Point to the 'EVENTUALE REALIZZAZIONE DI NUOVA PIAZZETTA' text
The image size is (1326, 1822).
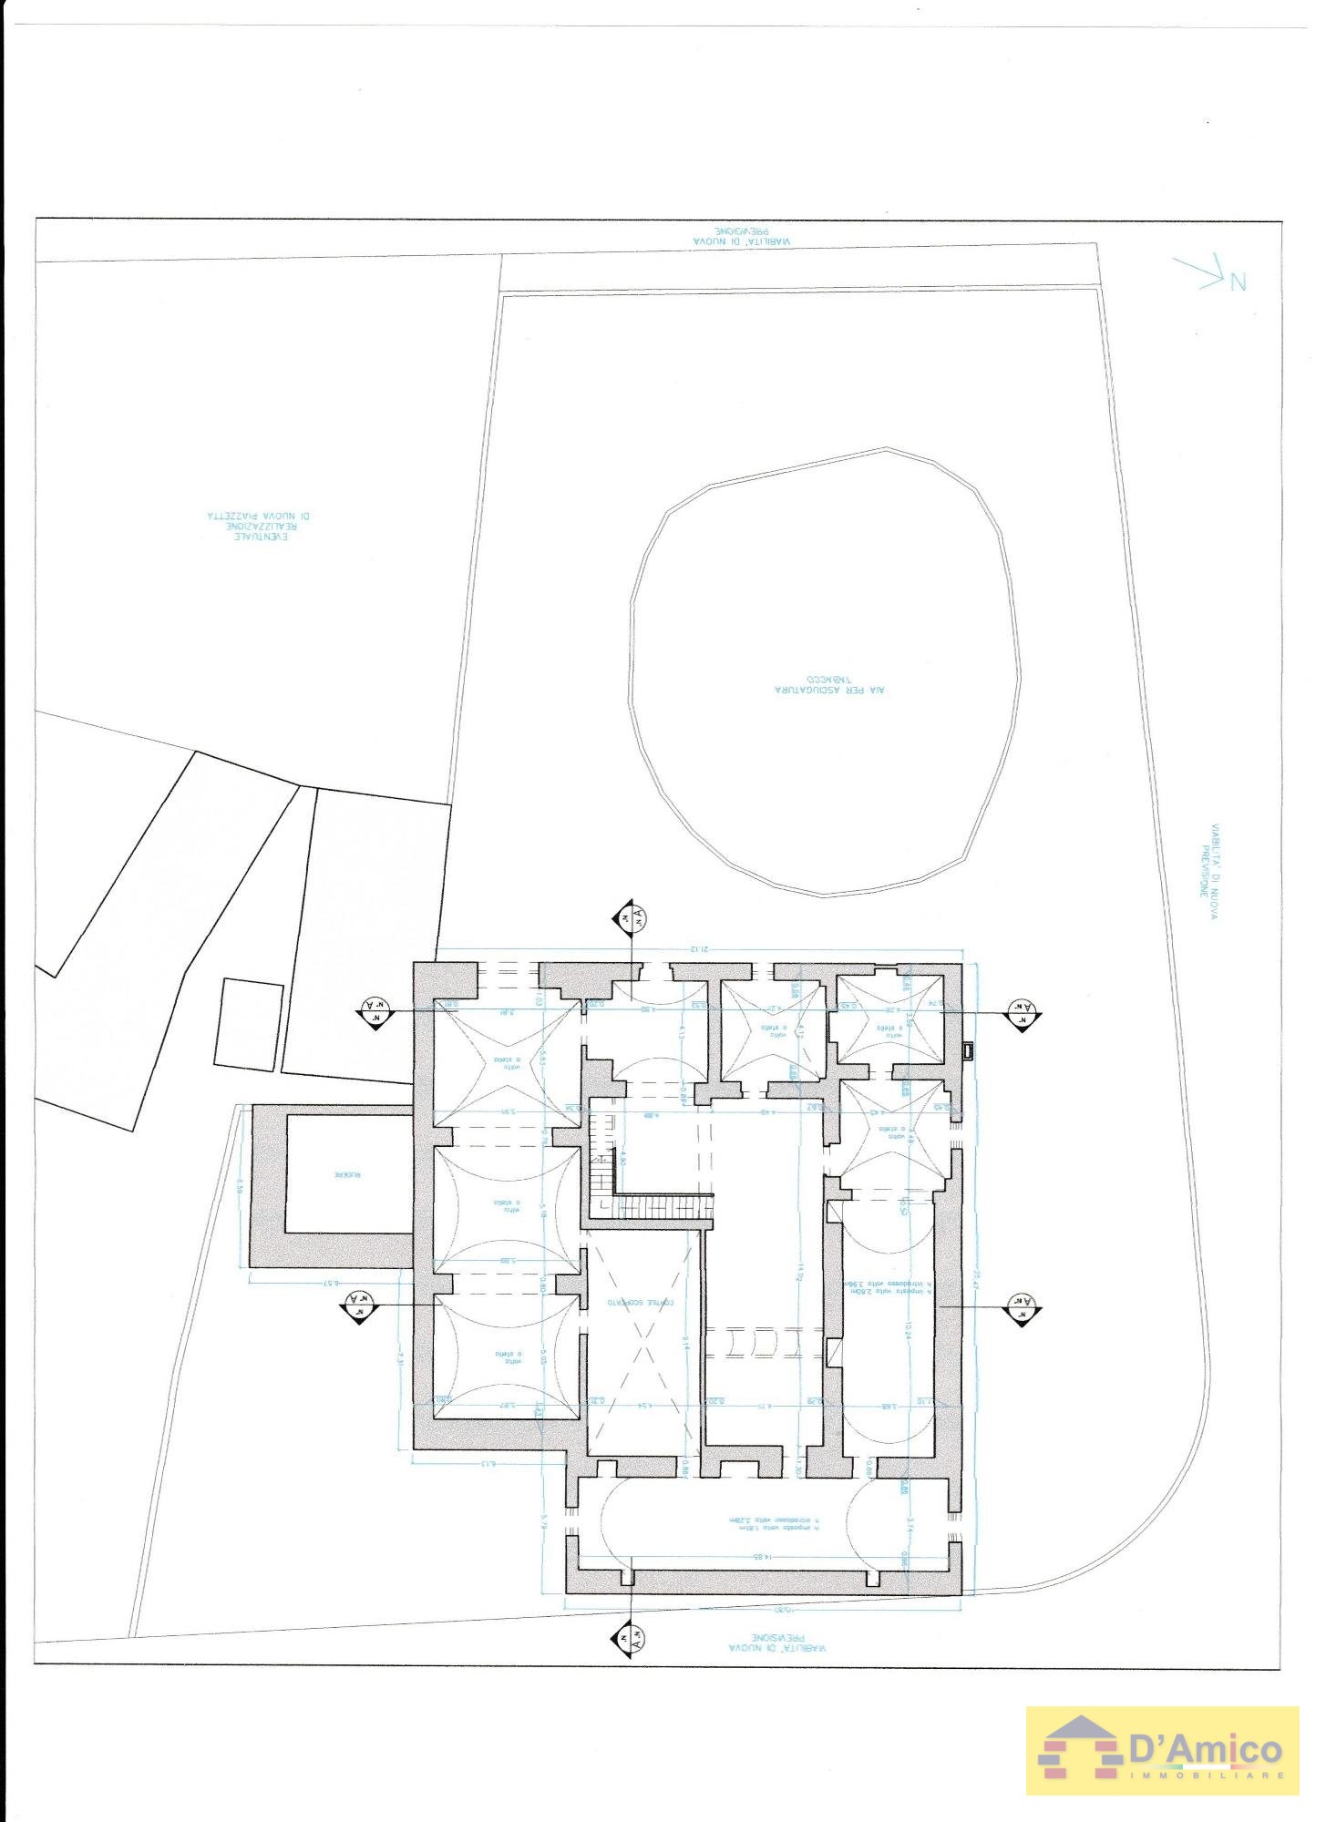(259, 527)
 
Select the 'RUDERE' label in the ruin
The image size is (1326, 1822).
(347, 1175)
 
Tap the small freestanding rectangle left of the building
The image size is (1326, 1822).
(248, 1024)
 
